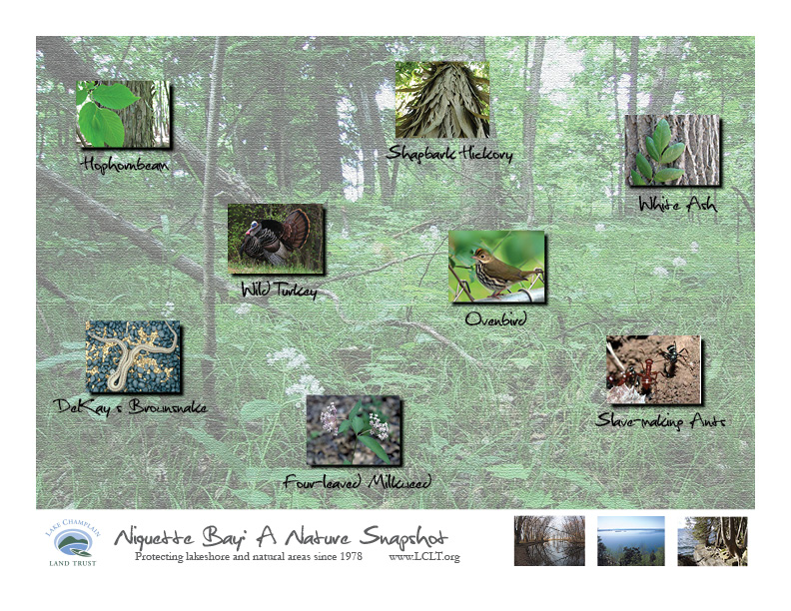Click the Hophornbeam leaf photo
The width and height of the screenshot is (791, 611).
(123, 114)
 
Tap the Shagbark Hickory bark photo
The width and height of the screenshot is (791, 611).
(441, 100)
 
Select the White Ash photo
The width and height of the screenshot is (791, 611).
(672, 150)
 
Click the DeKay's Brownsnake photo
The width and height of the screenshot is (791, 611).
(133, 355)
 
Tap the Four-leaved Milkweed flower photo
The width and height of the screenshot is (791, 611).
(354, 430)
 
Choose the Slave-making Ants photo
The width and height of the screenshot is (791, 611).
(653, 369)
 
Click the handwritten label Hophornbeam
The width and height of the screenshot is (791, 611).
(125, 165)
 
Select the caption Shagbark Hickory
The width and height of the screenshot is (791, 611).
(449, 153)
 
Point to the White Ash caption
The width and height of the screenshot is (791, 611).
(677, 204)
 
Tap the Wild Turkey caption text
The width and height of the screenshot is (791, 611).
(279, 290)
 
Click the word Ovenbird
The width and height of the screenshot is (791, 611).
(496, 319)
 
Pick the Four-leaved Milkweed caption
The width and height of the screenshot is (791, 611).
(358, 482)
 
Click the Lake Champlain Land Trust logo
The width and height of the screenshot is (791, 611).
(73, 543)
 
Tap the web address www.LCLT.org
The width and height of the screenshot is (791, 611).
(424, 557)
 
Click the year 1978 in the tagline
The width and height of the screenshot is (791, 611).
(351, 556)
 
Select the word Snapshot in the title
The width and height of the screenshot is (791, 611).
(404, 537)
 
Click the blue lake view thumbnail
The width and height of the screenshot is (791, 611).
(631, 540)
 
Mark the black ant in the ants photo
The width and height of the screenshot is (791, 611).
(673, 358)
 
